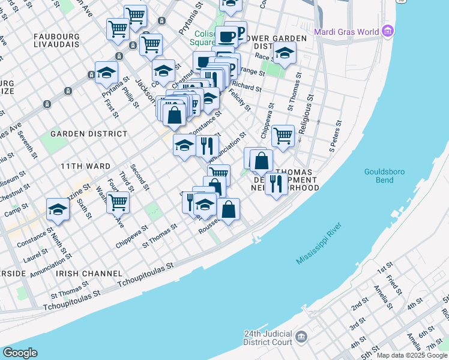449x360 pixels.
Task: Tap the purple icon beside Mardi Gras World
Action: [x=388, y=30]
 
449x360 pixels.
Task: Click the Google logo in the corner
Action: [x=20, y=353]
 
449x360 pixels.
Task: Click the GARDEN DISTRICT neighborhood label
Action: [x=89, y=134]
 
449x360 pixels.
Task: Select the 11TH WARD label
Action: [x=85, y=166]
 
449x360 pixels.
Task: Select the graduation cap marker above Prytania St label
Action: [x=106, y=73]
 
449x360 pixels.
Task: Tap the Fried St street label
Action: [x=394, y=283]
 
